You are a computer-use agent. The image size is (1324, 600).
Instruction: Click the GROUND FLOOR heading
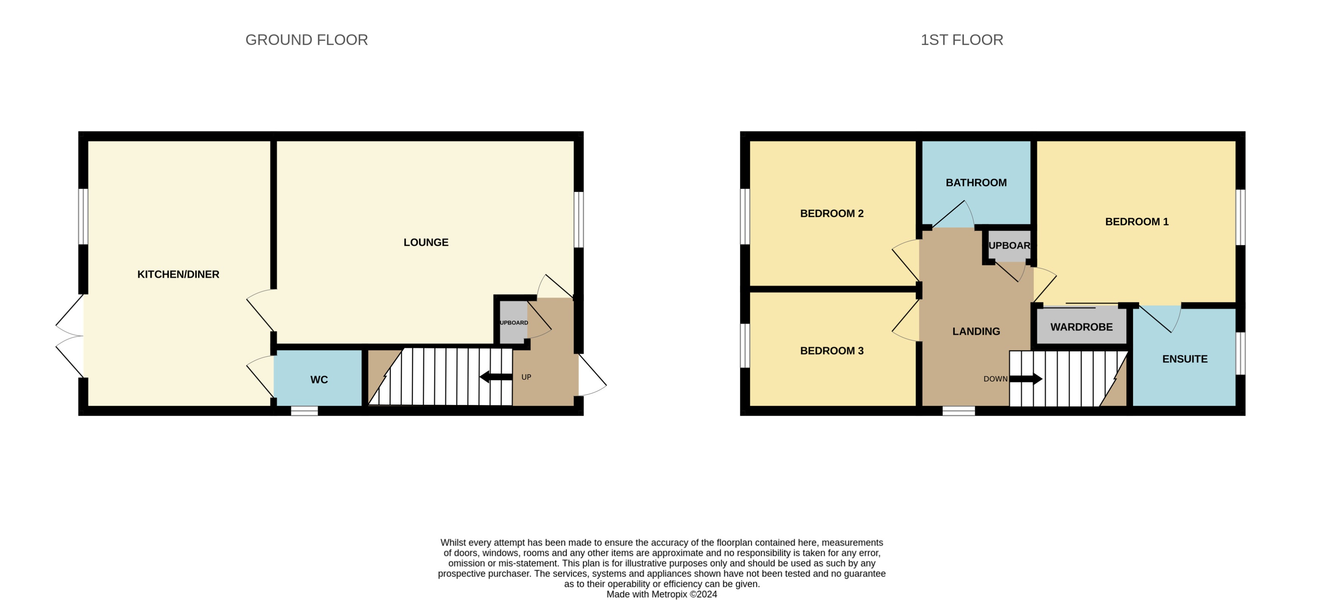[x=306, y=40]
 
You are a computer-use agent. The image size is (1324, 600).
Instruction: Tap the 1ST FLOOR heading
[x=962, y=40]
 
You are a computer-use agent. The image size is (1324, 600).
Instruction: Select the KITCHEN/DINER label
[x=178, y=274]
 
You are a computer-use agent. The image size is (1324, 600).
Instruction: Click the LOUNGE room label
[x=426, y=242]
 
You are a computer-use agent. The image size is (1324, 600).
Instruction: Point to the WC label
[x=319, y=380]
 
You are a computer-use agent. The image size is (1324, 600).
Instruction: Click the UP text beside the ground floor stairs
[x=526, y=377]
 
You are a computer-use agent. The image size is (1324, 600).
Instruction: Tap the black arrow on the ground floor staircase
[x=496, y=377]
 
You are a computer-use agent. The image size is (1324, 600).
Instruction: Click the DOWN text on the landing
[x=995, y=379]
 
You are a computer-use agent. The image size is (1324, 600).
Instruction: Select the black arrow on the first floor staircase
[x=1026, y=379]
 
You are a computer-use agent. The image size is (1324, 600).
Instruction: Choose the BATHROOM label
[x=976, y=182]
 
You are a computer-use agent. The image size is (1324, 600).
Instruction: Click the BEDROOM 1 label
[x=1136, y=221]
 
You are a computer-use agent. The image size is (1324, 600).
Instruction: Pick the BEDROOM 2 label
[x=831, y=214]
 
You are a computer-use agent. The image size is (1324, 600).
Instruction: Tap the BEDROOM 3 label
[x=831, y=351]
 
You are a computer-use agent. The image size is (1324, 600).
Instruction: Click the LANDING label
[x=976, y=332]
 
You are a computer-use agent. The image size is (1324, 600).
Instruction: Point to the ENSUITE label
[x=1185, y=359]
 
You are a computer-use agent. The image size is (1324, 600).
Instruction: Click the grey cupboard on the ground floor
[x=513, y=323]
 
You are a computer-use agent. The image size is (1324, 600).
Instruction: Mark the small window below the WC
[x=304, y=411]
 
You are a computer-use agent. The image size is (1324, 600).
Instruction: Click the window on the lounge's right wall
[x=579, y=220]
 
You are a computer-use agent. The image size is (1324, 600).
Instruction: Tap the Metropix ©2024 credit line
[x=662, y=594]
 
